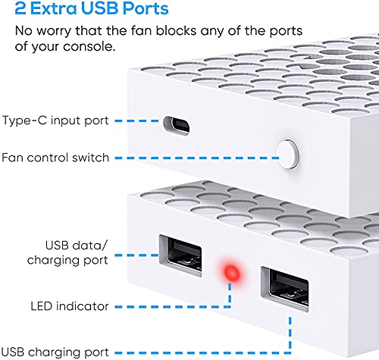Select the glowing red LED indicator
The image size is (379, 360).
[229, 273]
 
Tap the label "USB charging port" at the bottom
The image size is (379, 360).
[61, 351]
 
